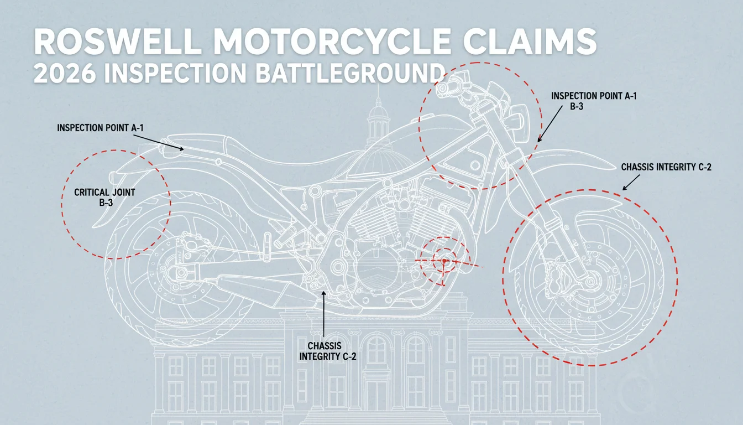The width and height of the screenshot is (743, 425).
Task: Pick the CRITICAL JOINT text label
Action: point(104,192)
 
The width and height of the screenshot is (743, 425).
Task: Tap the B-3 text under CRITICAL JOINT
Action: point(106,203)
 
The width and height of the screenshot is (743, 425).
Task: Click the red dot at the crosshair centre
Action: point(444,261)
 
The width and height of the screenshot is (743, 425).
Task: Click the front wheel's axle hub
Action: point(590,282)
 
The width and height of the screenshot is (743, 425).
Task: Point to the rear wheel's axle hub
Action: point(181,273)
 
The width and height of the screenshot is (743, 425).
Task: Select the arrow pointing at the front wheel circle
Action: point(631,183)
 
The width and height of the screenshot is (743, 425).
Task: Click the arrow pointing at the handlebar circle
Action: point(550,124)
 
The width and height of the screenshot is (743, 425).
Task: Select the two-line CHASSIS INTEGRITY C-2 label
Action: point(327,351)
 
